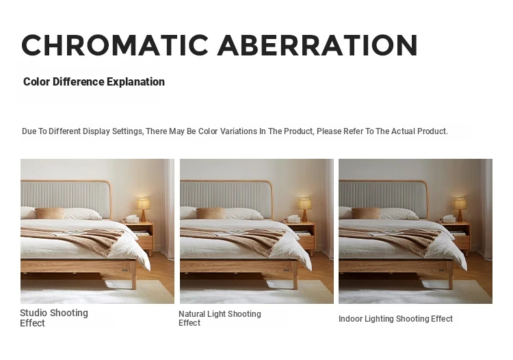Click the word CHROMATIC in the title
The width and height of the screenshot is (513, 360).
[x=114, y=45]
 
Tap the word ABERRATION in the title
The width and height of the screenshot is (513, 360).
[x=317, y=45]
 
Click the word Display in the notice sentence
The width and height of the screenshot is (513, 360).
[x=96, y=131]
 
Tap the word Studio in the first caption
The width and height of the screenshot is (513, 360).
[x=34, y=313]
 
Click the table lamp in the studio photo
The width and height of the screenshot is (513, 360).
[x=143, y=209]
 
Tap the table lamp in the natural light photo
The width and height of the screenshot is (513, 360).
[x=304, y=209]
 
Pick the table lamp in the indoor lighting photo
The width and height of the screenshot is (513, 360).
[x=460, y=209]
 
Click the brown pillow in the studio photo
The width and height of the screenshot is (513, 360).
[x=50, y=214]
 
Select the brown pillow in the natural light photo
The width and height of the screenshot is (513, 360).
[x=211, y=214]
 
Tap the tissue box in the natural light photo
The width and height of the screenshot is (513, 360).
[x=293, y=218]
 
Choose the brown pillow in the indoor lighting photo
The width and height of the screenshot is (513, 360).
[x=366, y=214]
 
